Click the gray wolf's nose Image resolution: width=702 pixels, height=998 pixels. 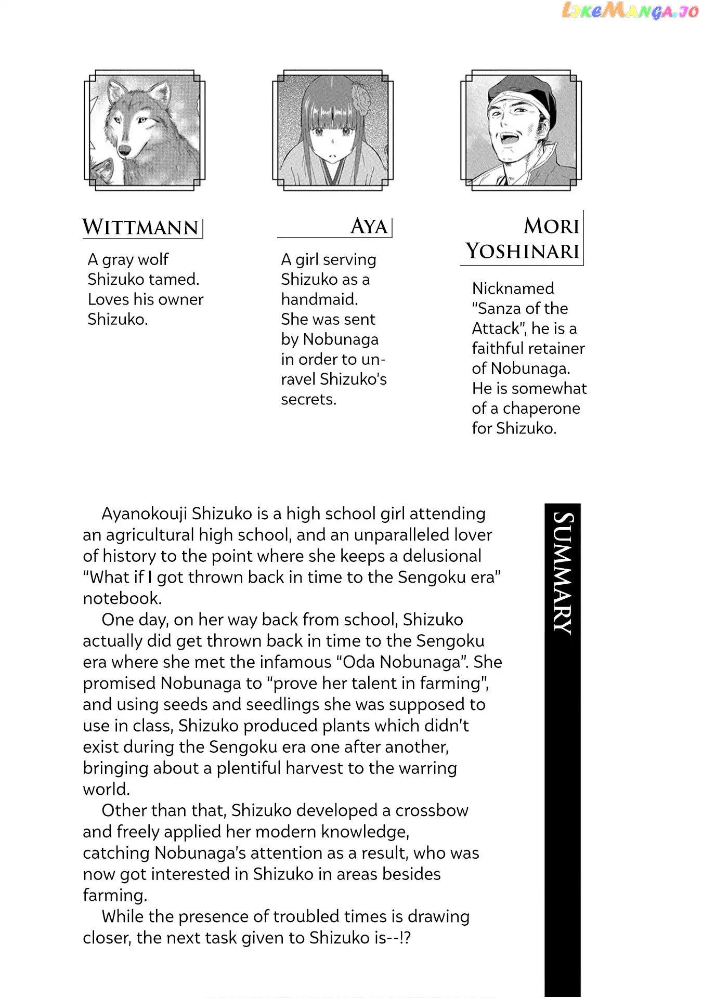pos(125,150)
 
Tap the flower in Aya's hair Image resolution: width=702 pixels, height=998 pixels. pos(359,98)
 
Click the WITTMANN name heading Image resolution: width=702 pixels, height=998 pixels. pos(140,228)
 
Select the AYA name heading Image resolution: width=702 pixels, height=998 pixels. pos(369,227)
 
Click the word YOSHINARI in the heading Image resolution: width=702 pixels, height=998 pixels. pos(522,252)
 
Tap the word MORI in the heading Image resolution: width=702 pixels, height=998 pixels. pos(551,226)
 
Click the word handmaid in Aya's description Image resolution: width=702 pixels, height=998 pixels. pos(319,299)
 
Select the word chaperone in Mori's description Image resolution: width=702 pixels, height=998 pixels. pos(541,409)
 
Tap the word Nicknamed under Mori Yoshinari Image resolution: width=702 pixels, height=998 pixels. pos(513,288)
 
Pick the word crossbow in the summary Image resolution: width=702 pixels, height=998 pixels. pos(432,810)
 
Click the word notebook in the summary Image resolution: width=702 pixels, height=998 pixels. pos(122,598)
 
